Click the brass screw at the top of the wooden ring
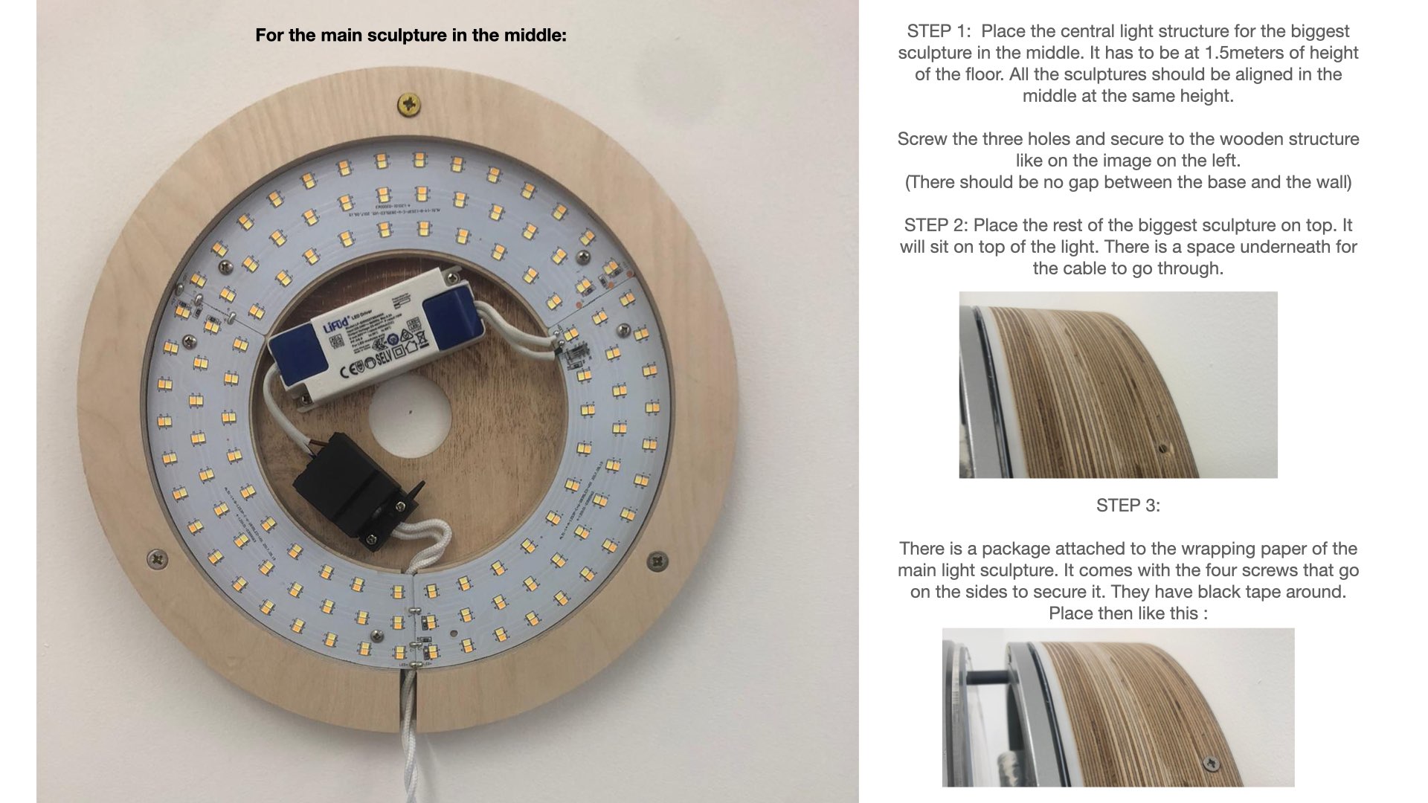409,103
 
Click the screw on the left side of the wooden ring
157,558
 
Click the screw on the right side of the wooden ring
657,560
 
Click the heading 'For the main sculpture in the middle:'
411,35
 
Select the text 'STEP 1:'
939,31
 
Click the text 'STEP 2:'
936,225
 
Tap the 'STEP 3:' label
1128,506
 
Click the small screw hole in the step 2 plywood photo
1162,448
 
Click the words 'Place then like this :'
1128,613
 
